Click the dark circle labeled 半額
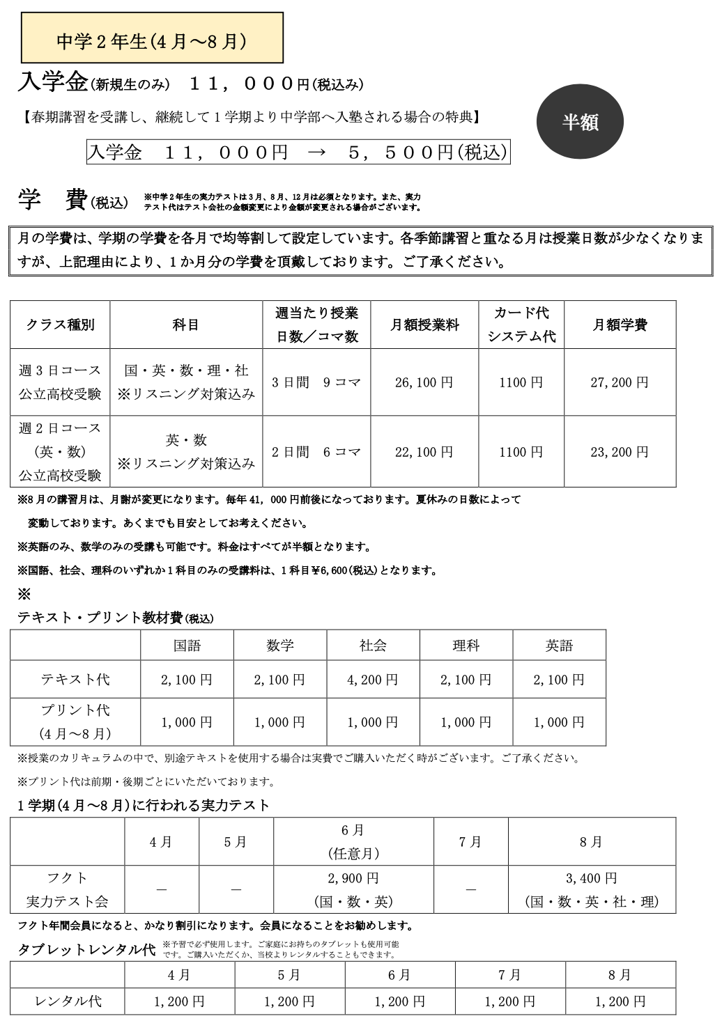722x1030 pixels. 580,123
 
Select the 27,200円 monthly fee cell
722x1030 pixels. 619,382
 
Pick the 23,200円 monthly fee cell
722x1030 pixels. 619,452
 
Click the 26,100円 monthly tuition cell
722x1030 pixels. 424,382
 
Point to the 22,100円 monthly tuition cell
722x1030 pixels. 424,452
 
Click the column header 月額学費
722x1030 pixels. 620,325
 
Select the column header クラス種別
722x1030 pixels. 60,325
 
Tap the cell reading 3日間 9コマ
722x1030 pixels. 316,382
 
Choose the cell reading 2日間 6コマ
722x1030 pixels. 316,452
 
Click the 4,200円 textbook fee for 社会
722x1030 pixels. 373,680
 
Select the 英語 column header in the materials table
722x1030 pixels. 559,646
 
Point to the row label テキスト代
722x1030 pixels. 75,680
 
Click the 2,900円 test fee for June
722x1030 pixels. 353,878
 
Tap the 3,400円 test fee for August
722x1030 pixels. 591,878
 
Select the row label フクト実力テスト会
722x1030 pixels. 67,890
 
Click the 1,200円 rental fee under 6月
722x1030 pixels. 399,1001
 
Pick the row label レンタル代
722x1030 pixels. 68,1001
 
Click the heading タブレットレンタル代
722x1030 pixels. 86,951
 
